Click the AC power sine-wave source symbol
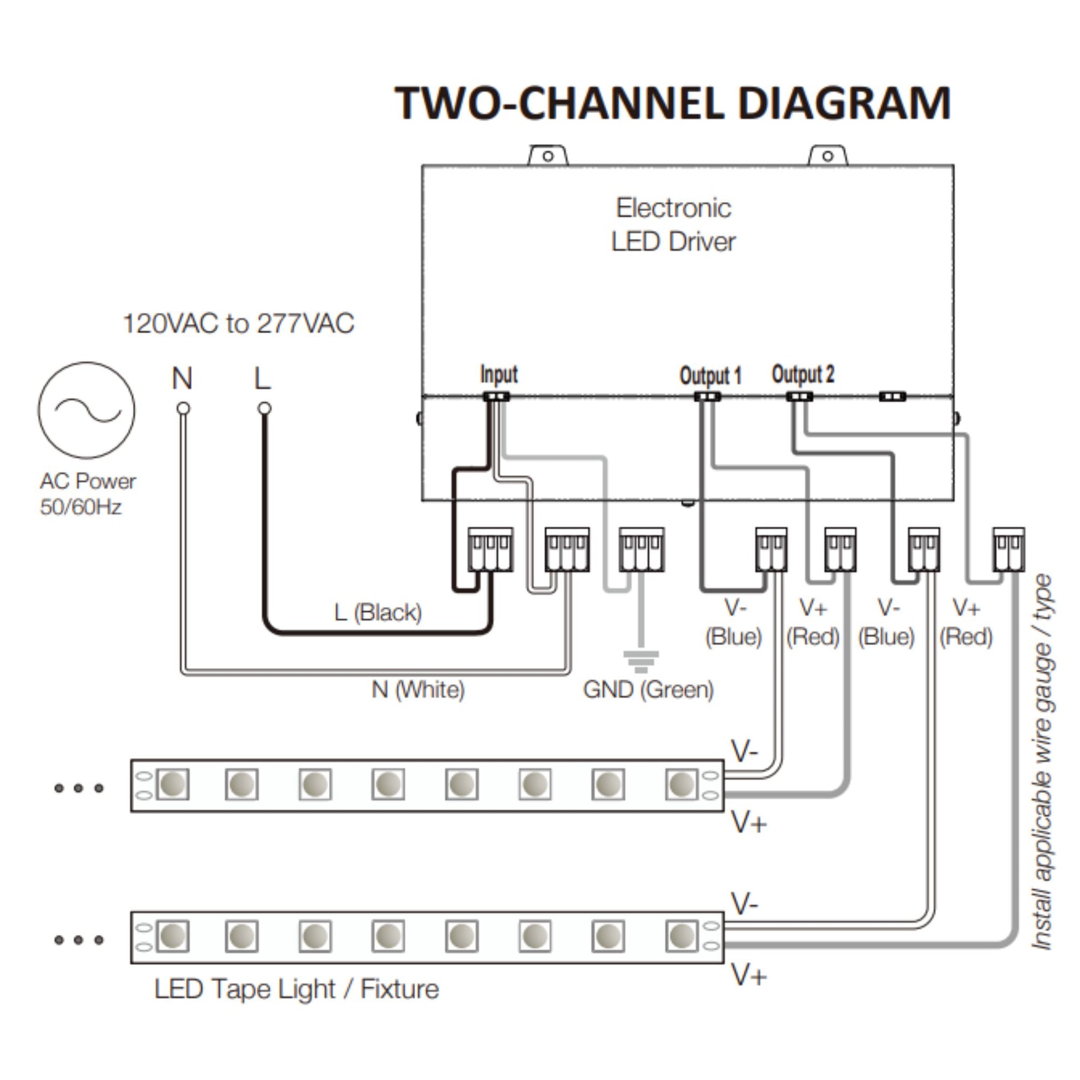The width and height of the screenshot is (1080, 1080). (x=87, y=410)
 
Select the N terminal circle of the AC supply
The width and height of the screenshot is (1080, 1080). (x=183, y=408)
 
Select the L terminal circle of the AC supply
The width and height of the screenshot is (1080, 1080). (x=264, y=408)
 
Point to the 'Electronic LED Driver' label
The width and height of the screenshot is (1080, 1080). (x=673, y=225)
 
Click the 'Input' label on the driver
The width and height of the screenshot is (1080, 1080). (x=498, y=374)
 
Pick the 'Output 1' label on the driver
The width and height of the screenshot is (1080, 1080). (x=710, y=375)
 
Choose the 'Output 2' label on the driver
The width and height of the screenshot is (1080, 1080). (x=803, y=374)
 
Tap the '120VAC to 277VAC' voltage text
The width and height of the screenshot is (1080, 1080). (x=238, y=324)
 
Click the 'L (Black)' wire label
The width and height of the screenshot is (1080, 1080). (x=378, y=613)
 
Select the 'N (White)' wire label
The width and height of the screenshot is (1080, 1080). (x=418, y=689)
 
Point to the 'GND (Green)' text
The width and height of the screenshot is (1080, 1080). (x=648, y=689)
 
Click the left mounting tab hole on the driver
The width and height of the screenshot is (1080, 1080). (x=548, y=156)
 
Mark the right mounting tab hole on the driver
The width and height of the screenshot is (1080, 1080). (x=828, y=156)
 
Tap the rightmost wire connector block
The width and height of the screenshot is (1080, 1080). (x=1008, y=549)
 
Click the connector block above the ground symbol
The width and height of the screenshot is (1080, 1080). (x=641, y=549)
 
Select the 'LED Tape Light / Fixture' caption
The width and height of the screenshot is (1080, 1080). (x=296, y=989)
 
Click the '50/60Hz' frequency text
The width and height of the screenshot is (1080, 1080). (x=80, y=507)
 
